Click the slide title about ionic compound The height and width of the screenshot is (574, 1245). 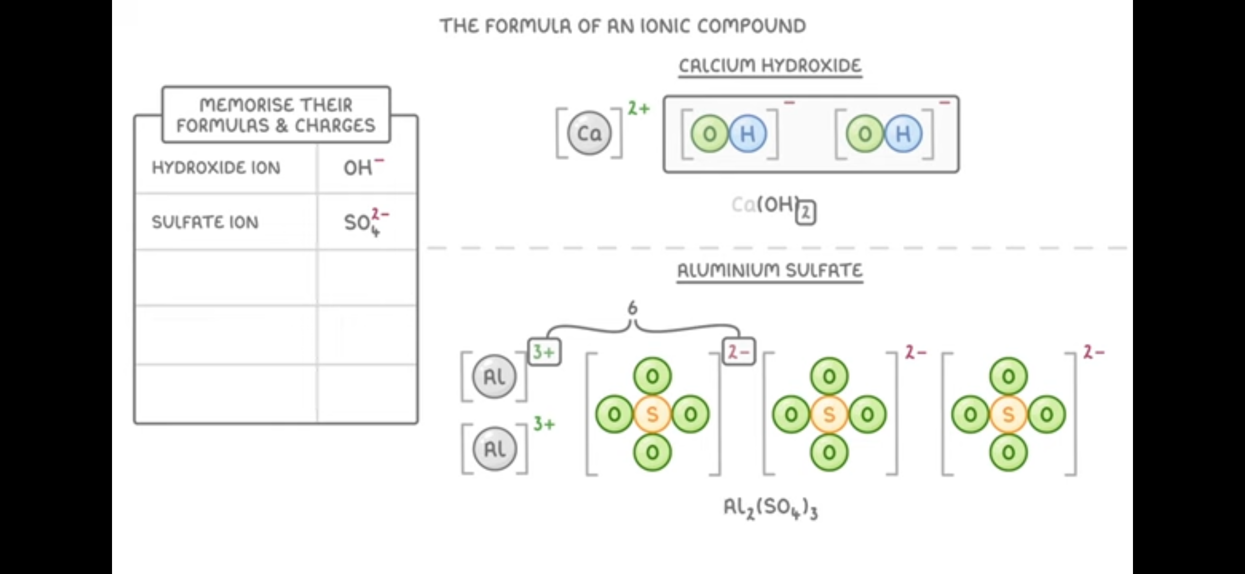pyautogui.click(x=622, y=26)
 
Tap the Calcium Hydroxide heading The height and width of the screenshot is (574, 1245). pyautogui.click(x=770, y=66)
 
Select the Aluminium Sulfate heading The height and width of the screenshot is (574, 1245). pyautogui.click(x=770, y=270)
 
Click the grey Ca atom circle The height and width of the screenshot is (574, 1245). pyautogui.click(x=589, y=133)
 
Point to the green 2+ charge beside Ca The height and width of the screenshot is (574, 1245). pyautogui.click(x=638, y=108)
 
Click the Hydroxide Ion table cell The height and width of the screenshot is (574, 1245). pyautogui.click(x=216, y=168)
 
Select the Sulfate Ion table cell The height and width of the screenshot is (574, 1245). pyautogui.click(x=205, y=222)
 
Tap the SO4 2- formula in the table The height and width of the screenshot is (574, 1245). pyautogui.click(x=365, y=222)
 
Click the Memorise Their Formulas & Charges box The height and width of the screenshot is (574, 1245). pyautogui.click(x=276, y=115)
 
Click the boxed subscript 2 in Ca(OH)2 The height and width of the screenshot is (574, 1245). pyautogui.click(x=806, y=213)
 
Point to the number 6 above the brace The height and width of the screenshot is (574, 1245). pyautogui.click(x=632, y=308)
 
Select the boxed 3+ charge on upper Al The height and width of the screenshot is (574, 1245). pyautogui.click(x=544, y=352)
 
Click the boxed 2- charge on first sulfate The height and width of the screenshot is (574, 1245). pyautogui.click(x=738, y=352)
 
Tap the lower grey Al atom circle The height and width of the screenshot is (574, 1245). pyautogui.click(x=494, y=448)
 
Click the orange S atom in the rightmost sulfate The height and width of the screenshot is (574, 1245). pyautogui.click(x=1008, y=414)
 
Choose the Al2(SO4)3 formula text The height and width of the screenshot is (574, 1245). pyautogui.click(x=770, y=508)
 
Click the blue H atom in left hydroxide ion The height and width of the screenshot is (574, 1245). pyautogui.click(x=748, y=133)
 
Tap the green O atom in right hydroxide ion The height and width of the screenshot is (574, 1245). pyautogui.click(x=865, y=133)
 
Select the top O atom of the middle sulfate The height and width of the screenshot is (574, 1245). pyautogui.click(x=829, y=376)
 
